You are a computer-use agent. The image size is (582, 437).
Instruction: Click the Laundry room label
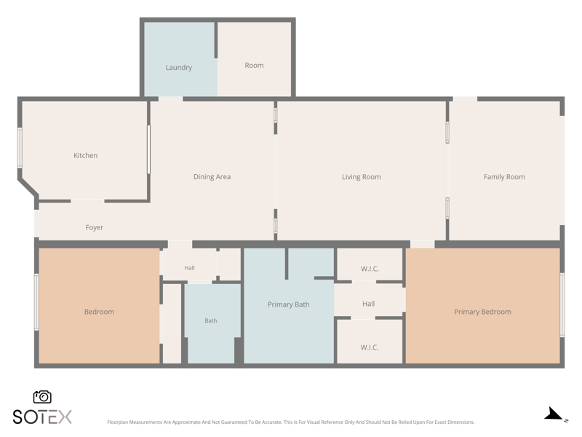click(x=178, y=68)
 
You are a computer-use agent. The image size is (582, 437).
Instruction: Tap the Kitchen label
click(x=85, y=155)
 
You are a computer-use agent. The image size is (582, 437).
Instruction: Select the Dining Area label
click(x=212, y=177)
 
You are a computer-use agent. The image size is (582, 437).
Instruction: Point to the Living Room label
click(x=361, y=177)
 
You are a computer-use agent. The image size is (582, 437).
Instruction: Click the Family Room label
click(x=504, y=177)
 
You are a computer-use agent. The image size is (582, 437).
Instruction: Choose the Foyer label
click(x=95, y=227)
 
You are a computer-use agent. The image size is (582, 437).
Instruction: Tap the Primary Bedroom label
click(x=482, y=312)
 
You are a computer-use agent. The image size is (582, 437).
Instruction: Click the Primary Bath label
click(x=288, y=304)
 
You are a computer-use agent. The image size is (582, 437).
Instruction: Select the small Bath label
click(x=211, y=320)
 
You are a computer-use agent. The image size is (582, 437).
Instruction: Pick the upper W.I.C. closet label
click(x=370, y=269)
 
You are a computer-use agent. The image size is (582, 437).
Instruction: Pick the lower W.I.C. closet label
click(x=370, y=347)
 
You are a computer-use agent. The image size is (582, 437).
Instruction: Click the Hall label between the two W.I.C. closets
click(x=369, y=304)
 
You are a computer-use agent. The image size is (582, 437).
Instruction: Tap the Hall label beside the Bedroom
click(x=189, y=268)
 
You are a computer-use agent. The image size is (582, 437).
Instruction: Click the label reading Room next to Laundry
click(x=254, y=66)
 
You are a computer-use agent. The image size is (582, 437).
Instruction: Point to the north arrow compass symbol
click(x=555, y=414)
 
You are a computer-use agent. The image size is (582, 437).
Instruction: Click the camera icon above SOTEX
click(x=42, y=397)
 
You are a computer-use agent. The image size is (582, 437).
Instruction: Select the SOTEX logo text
click(x=42, y=417)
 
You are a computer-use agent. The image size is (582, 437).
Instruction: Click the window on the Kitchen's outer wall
click(x=20, y=148)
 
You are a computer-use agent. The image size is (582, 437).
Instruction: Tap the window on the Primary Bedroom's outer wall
click(x=562, y=304)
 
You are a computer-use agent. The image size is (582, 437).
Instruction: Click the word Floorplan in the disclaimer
click(x=117, y=422)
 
